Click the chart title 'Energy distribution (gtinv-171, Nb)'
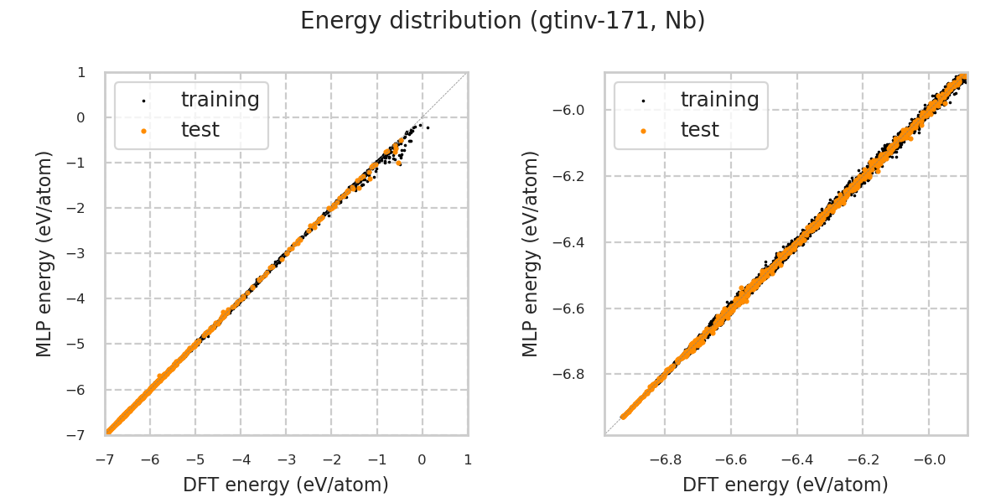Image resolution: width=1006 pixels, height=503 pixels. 502,21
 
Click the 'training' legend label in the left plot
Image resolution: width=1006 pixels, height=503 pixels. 220,100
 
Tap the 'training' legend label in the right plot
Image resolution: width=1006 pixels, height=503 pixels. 719,100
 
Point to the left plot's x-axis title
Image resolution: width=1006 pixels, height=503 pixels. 286,485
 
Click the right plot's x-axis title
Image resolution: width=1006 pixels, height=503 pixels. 786,485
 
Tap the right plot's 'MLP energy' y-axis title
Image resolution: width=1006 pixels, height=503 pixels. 531,253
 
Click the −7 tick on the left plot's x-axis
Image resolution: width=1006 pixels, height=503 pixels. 105,459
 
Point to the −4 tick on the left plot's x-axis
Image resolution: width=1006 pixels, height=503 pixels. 241,459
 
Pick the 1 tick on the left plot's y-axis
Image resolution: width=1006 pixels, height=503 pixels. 81,72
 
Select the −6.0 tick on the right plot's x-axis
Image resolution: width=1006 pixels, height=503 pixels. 928,459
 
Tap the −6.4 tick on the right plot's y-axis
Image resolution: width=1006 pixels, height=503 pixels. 573,242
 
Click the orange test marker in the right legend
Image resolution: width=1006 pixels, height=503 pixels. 643,131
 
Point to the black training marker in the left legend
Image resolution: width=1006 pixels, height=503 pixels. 143,101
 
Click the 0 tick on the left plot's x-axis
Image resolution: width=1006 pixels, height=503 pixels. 422,459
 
